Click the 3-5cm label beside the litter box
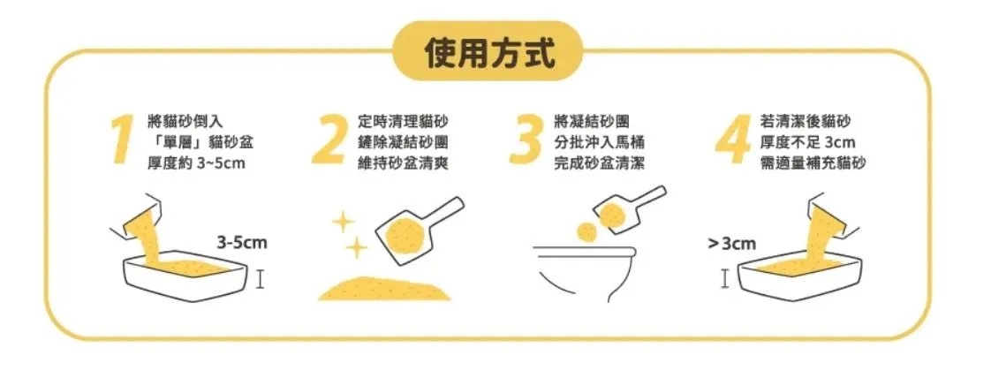[x=242, y=243]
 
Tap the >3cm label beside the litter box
[x=731, y=244]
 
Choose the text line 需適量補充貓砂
[x=814, y=163]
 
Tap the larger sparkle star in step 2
[x=357, y=248]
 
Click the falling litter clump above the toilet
[x=586, y=232]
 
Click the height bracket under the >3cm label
[x=725, y=279]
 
